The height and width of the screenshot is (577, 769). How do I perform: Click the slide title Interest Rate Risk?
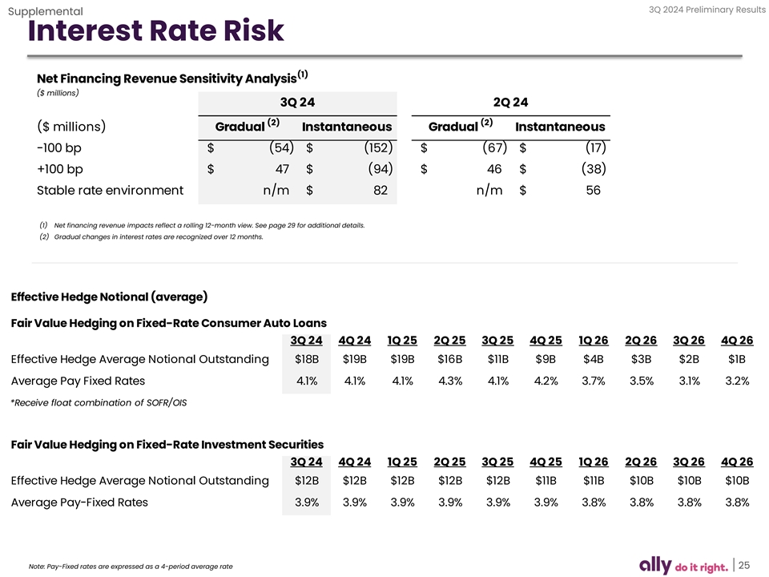tap(155, 31)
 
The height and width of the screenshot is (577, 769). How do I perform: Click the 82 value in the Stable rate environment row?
tap(380, 191)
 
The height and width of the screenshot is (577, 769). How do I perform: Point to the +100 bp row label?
tap(60, 170)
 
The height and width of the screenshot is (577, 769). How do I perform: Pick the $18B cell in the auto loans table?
tap(306, 359)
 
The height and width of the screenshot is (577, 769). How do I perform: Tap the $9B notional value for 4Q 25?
tap(546, 359)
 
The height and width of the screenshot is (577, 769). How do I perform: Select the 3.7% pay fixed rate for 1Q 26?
tap(594, 381)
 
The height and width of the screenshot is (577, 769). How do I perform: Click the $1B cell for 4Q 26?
tap(736, 359)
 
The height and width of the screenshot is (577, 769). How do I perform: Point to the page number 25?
tap(744, 564)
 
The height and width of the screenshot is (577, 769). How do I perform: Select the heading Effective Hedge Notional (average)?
tap(110, 297)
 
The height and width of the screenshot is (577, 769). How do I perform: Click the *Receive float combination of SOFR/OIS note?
tap(99, 402)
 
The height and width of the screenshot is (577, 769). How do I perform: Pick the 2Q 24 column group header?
tap(510, 102)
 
